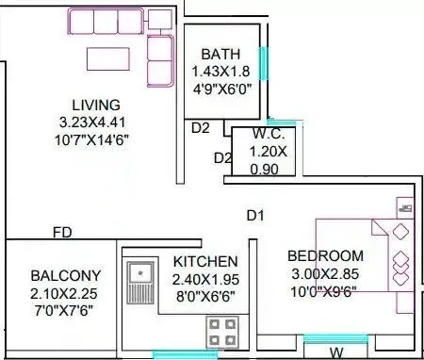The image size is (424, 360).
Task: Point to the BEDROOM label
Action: [325, 255]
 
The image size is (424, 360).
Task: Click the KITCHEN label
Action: [204, 261]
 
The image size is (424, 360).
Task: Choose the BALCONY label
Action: [66, 275]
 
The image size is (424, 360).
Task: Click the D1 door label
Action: [255, 216]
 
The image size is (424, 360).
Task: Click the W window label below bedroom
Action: [335, 353]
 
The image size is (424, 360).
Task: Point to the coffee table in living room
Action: [111, 58]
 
